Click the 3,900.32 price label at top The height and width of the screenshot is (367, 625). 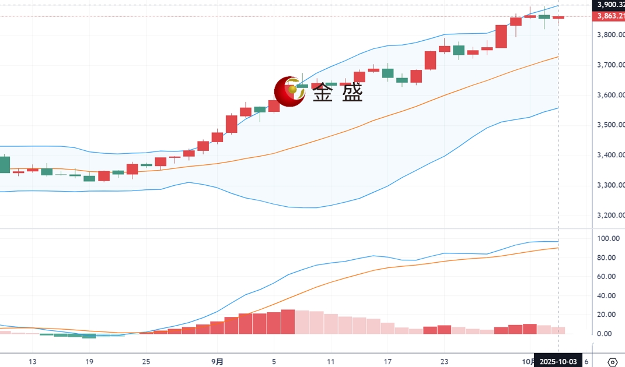pos(609,5)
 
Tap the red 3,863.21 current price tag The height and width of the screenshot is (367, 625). pos(609,16)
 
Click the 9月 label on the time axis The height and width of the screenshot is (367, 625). pos(217,362)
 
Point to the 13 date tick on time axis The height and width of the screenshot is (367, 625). pos(33,362)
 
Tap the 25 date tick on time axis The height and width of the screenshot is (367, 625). pos(146,362)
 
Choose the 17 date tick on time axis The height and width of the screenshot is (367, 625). pos(387,362)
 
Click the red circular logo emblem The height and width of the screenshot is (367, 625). pos(289,91)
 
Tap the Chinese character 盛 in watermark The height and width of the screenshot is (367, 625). pos(352,92)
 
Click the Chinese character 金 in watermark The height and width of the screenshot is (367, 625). pos(324,92)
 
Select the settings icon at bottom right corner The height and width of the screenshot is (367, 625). pos(612,362)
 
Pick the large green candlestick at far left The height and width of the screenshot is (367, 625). pos(5,164)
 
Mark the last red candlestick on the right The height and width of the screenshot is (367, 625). pos(558,17)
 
